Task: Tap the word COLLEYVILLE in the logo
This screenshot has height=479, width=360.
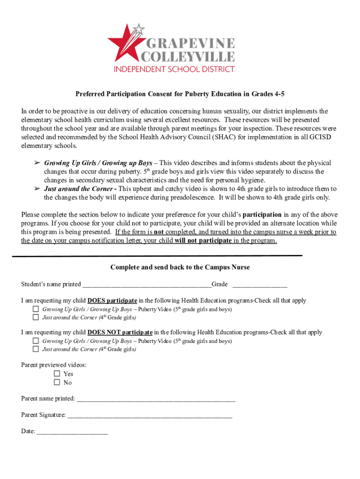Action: point(188,57)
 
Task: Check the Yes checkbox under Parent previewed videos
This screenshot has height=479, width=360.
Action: point(57,374)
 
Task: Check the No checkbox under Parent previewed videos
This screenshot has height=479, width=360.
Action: point(57,382)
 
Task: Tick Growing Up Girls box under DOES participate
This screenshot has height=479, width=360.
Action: point(36,309)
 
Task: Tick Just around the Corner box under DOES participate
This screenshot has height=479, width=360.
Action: point(36,317)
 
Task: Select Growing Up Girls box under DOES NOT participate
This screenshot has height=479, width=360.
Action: point(36,341)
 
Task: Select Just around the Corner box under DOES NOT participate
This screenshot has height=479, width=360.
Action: point(36,349)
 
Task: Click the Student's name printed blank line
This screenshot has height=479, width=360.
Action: point(146,285)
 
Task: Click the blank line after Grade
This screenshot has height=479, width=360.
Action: point(259,285)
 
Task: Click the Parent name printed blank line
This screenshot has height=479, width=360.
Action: point(155,399)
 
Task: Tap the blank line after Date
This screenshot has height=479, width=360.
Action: point(72,432)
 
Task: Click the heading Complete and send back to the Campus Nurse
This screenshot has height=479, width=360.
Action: point(180,267)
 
